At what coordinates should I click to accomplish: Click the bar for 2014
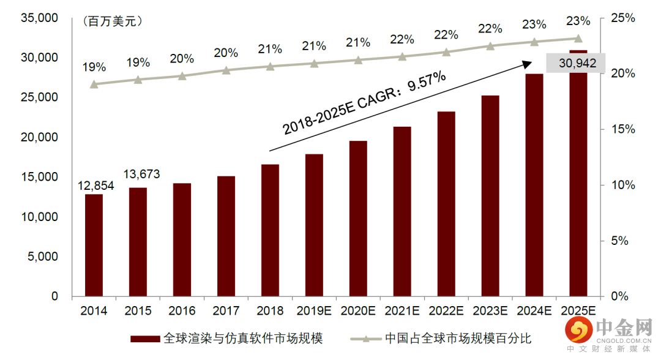point(94,245)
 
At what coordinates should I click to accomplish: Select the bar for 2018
point(270,230)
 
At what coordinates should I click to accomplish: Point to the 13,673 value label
point(141,174)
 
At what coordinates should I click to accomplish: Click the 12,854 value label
point(97,186)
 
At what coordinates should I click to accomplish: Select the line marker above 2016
point(182,76)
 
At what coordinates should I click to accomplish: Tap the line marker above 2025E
point(578,38)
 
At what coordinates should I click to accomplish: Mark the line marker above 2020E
point(358,60)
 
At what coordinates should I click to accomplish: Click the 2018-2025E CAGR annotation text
point(365,103)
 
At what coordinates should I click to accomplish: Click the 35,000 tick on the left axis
point(39,18)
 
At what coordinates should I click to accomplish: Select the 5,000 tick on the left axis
point(43,257)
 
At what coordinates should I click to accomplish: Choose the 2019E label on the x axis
point(314,311)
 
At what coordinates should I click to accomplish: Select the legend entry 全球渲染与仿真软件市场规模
point(226,338)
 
